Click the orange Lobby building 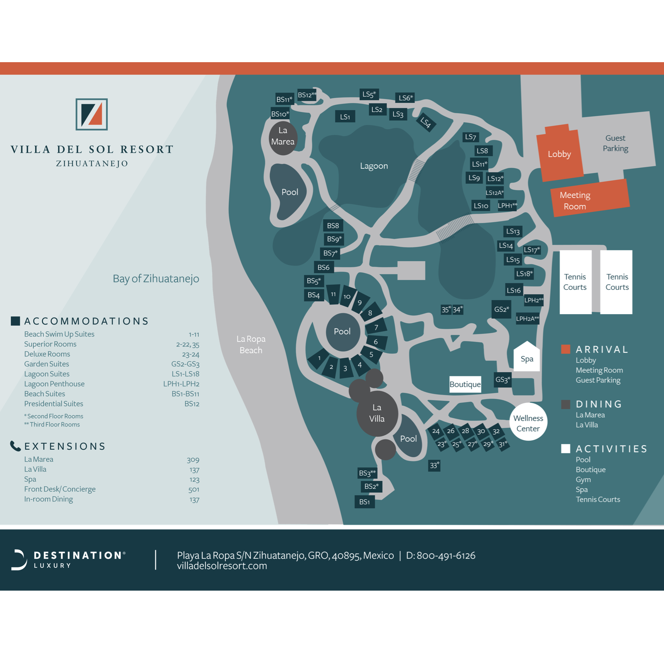pos(559,154)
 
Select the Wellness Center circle pos(528,423)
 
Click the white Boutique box pos(465,384)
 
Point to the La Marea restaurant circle pos(283,137)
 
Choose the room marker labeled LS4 pos(426,122)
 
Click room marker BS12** pos(307,95)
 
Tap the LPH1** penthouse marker pos(507,206)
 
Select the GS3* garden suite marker pos(502,380)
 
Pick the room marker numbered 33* pos(434,465)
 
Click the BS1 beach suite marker pos(365,502)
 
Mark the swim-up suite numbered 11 pos(333,294)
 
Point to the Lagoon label pos(374,166)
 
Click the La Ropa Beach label pos(251,344)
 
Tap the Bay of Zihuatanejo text pos(156,279)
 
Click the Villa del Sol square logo pos(92,114)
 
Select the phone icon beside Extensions pos(15,446)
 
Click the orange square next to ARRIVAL pos(565,349)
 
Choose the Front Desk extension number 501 pos(194,490)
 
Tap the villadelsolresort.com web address pos(222,566)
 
